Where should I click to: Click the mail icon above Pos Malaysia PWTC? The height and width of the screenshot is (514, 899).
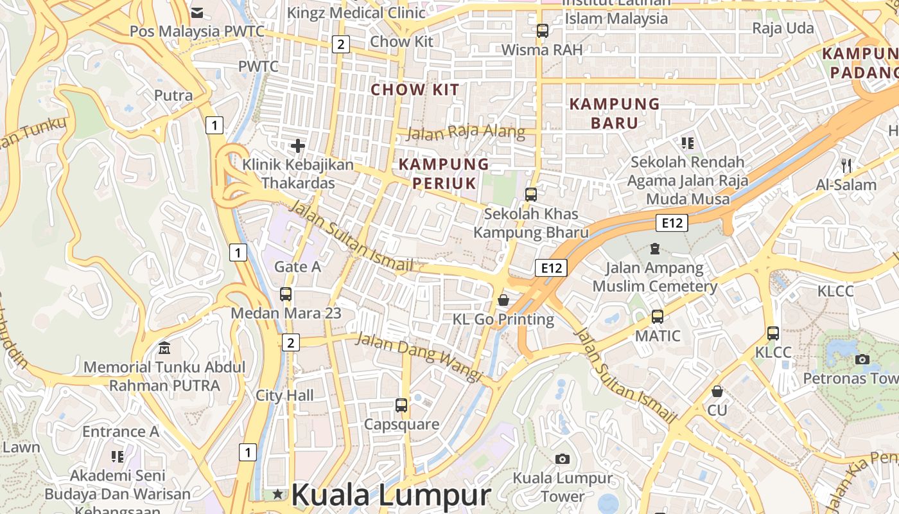(197, 12)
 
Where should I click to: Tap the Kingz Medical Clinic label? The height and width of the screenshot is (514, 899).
(356, 12)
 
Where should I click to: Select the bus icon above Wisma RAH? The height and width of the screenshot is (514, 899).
(543, 30)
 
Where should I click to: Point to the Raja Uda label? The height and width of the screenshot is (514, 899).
(783, 28)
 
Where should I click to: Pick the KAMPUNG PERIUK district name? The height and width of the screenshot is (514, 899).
(444, 173)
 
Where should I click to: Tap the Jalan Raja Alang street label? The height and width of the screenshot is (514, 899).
(466, 133)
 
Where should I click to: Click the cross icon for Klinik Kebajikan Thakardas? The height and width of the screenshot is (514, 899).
(298, 146)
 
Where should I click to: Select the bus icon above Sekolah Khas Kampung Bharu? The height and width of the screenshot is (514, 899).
(531, 194)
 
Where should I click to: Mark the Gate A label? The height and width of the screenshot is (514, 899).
(297, 267)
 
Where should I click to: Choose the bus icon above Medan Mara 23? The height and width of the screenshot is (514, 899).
(286, 294)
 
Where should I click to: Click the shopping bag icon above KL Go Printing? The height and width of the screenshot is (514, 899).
(503, 300)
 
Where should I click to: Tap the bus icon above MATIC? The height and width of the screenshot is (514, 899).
(658, 316)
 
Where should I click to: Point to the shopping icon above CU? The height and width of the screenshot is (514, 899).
(717, 391)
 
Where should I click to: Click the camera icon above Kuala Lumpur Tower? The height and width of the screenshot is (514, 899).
(563, 459)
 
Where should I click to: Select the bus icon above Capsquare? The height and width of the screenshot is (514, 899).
(401, 405)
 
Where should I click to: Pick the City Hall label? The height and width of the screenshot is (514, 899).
(285, 395)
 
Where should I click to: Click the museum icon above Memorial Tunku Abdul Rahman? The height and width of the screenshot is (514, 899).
(164, 348)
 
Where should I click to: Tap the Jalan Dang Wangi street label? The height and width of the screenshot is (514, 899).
(418, 357)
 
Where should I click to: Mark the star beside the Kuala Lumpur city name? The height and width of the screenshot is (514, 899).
(277, 494)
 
